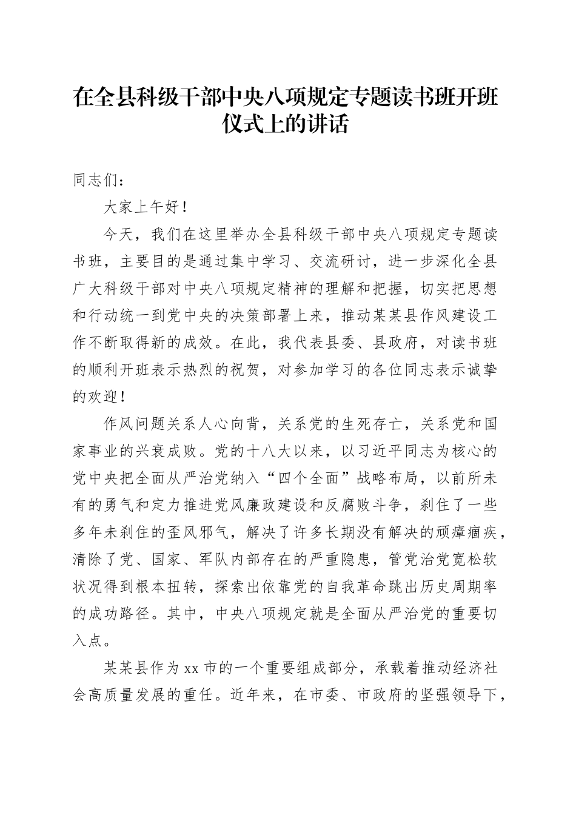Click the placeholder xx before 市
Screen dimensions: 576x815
[x=191, y=668]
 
